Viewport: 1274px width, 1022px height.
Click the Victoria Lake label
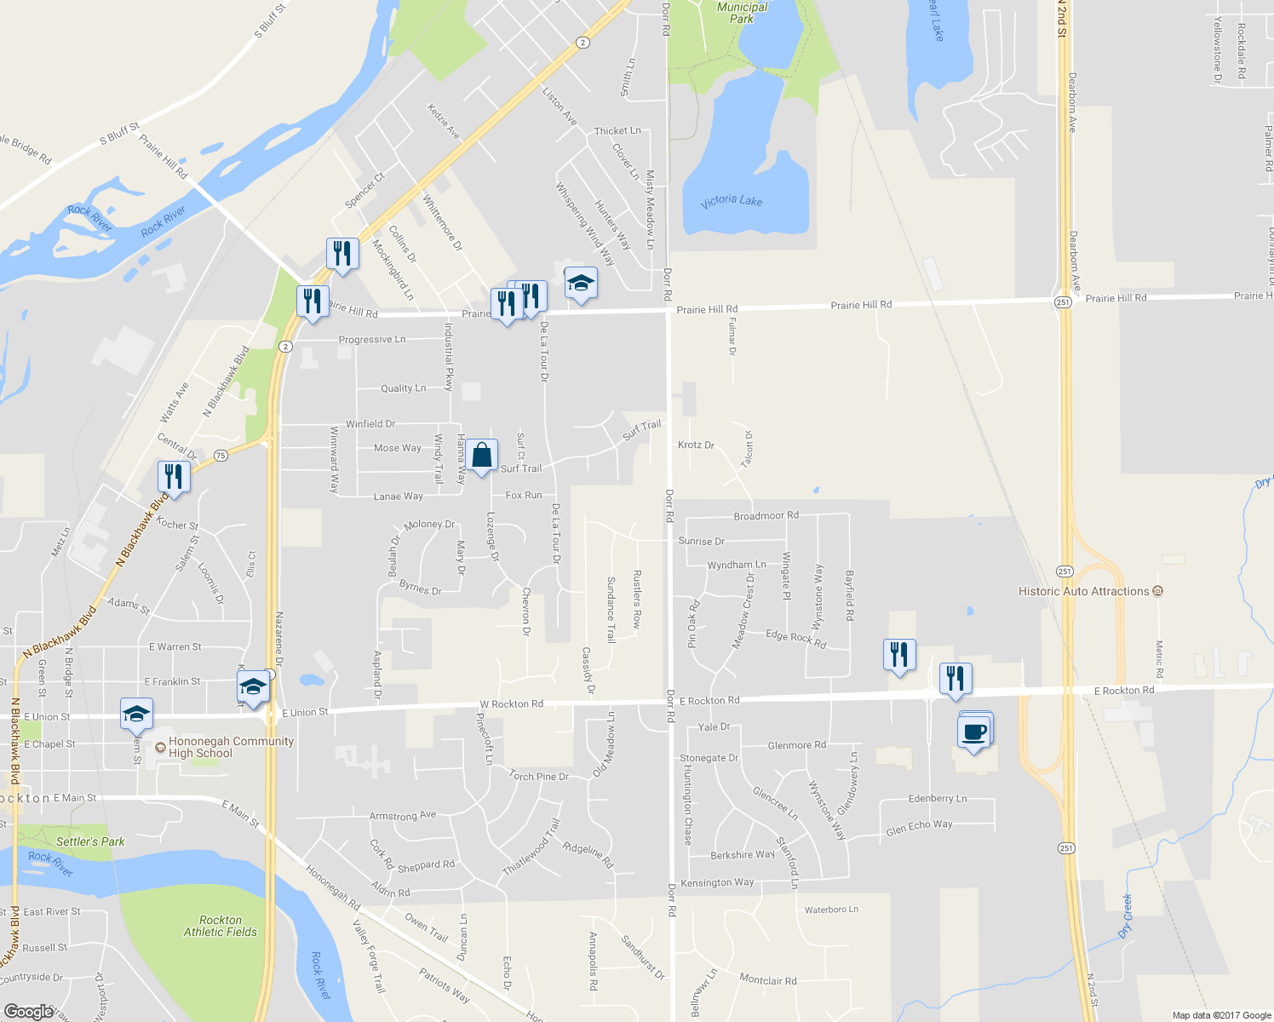(732, 200)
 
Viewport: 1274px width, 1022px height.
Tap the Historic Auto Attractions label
(1083, 591)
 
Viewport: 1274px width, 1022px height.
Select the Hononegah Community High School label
(231, 747)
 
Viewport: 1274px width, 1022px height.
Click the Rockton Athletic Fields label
(221, 926)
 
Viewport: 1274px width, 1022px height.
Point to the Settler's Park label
(90, 841)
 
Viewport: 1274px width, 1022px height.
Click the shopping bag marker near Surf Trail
(481, 456)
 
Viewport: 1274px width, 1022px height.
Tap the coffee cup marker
(973, 732)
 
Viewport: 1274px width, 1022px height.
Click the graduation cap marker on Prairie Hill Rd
(580, 284)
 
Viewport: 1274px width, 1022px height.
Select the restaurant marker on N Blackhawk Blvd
(174, 476)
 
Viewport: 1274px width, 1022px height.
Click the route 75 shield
(221, 456)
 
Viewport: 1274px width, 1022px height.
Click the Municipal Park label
(742, 13)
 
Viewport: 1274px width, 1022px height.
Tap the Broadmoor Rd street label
(766, 515)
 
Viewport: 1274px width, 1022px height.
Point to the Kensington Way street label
(717, 882)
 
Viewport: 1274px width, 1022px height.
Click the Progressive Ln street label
(372, 339)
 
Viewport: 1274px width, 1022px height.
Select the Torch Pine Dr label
(538, 776)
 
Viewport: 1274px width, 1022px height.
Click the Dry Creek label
(1127, 916)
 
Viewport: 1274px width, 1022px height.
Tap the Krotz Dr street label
(696, 445)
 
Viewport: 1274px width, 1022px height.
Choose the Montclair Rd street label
(768, 980)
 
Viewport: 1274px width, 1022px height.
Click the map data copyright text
(1221, 1014)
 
